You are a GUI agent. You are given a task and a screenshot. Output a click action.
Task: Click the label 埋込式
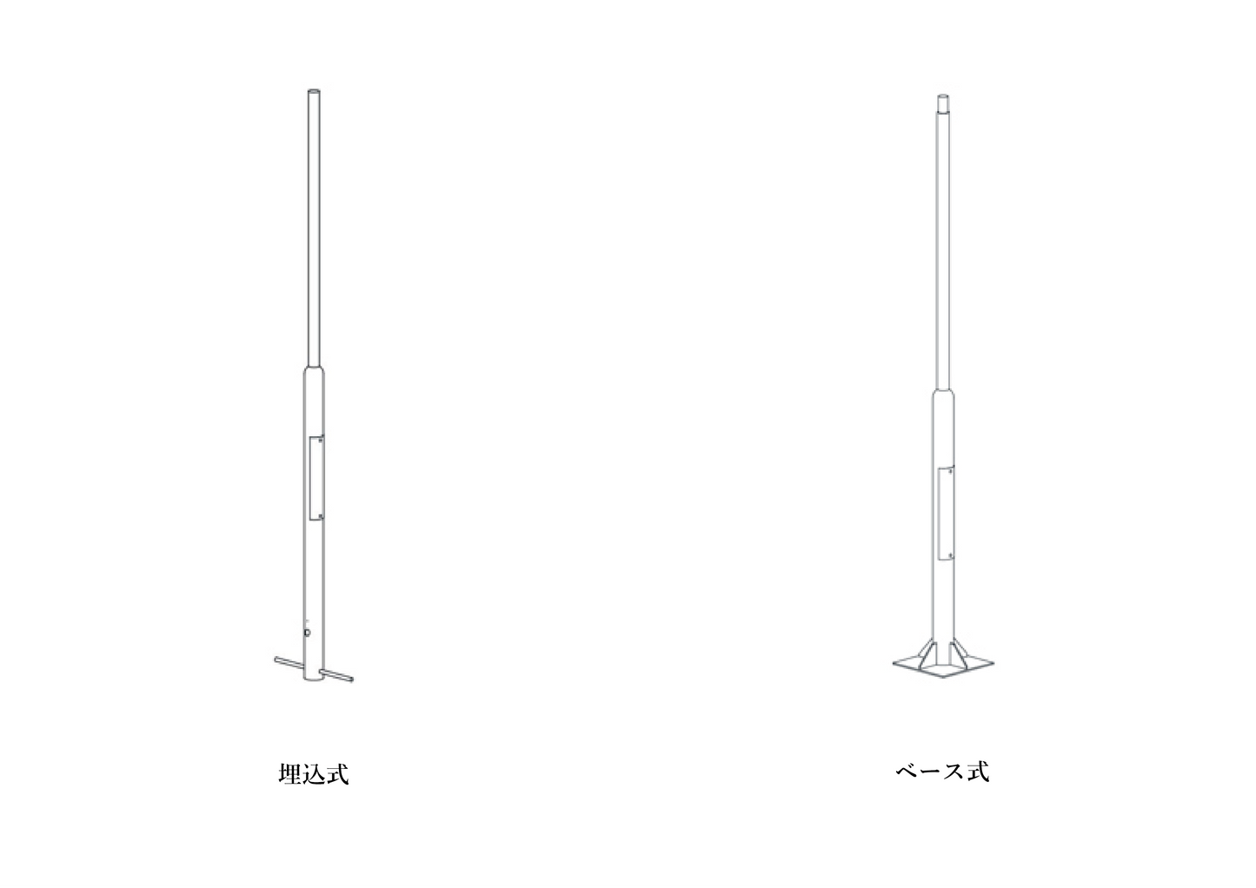(314, 774)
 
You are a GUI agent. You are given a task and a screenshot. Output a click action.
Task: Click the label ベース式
(942, 772)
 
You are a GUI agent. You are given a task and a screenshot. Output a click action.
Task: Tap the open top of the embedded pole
(314, 91)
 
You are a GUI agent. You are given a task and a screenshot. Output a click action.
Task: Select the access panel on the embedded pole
(316, 479)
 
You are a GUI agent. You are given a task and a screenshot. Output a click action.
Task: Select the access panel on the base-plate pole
(947, 513)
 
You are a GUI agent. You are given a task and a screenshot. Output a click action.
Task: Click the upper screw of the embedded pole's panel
(320, 441)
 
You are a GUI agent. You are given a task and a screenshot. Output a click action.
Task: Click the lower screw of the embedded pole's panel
(320, 516)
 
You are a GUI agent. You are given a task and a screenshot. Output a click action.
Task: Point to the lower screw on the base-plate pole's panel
(950, 555)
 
